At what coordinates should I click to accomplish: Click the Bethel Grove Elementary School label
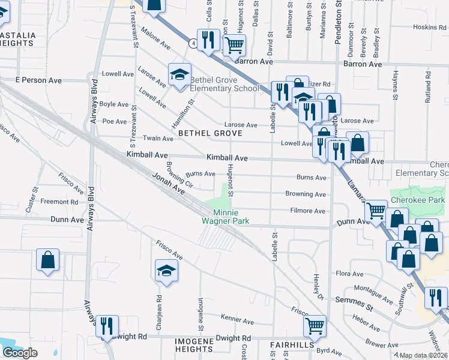point(224,84)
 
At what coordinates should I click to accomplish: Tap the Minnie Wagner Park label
point(224,217)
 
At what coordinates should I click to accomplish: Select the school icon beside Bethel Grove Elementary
point(179,75)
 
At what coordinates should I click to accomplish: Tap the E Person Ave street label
point(38,79)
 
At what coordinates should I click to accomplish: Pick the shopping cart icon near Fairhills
point(315,326)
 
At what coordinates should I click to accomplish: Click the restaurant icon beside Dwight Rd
point(107,326)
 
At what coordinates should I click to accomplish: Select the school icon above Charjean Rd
point(167,271)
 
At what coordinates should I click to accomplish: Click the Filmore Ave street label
point(307,211)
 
